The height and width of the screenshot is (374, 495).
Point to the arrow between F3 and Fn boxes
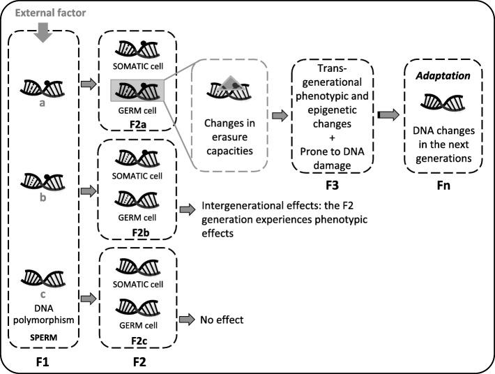[x=388, y=112]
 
